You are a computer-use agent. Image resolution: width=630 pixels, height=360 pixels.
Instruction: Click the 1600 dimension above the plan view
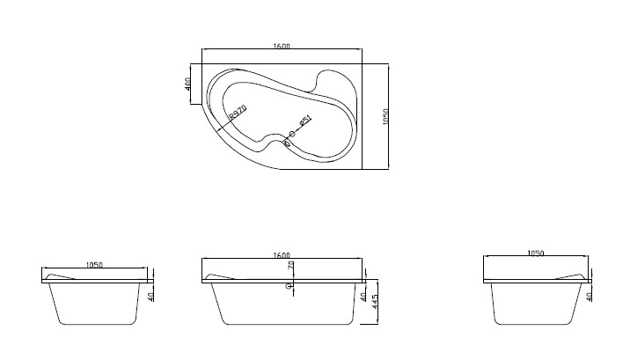[x=282, y=46]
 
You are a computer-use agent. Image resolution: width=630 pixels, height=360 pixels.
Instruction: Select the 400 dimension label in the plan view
[x=188, y=85]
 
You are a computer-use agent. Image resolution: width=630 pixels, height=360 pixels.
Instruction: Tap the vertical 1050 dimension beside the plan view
[x=398, y=116]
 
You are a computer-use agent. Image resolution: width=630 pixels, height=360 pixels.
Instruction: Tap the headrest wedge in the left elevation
[x=60, y=277]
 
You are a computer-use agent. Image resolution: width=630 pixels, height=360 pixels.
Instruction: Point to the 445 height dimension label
[x=376, y=305]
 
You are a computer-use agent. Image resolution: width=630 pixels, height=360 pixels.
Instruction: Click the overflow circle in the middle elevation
[x=288, y=285]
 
